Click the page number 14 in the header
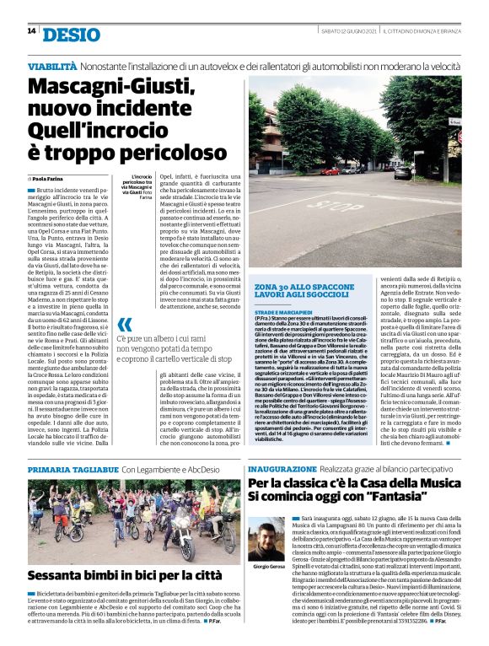pos(31,31)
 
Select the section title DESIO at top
pos(69,33)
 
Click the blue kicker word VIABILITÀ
pos(55,66)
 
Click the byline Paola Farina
pos(52,180)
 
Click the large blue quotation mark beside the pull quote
pos(125,326)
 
